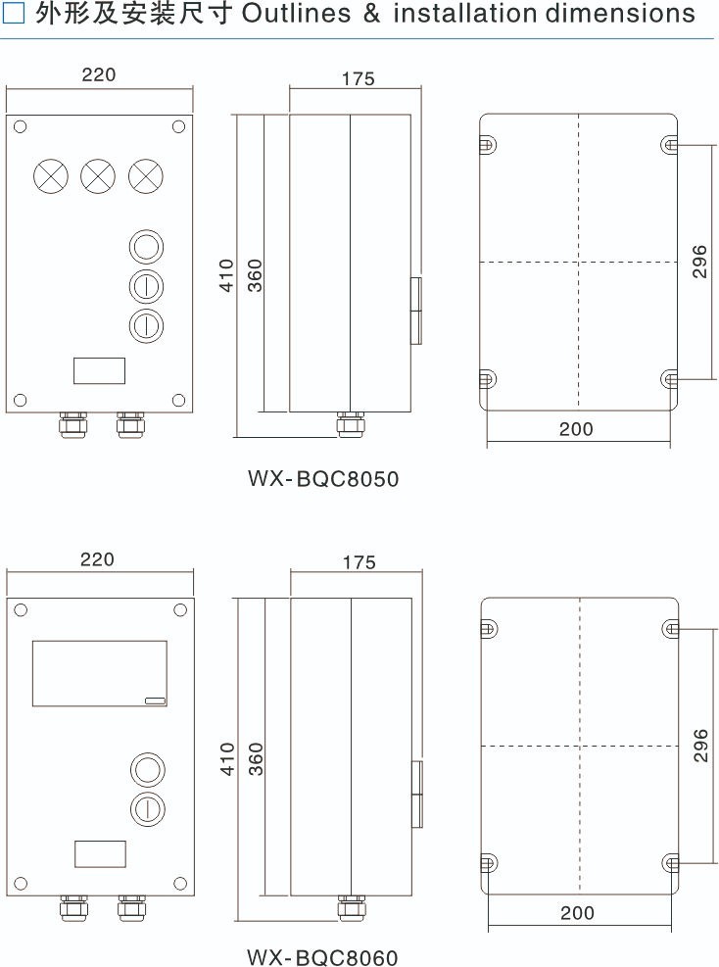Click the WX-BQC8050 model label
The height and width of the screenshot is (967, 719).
click(323, 478)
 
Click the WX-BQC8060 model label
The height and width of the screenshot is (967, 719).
click(322, 957)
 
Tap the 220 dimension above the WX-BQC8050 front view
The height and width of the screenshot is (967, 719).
click(99, 74)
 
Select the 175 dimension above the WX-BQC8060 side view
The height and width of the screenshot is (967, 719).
click(359, 562)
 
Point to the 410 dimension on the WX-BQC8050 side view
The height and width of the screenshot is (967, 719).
click(227, 275)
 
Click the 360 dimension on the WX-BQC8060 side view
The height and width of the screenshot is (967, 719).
click(256, 758)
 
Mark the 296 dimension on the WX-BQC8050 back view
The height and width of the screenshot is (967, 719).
click(699, 262)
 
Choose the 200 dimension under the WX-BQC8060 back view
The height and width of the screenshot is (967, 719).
click(577, 913)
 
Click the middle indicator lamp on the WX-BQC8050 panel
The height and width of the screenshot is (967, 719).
click(98, 175)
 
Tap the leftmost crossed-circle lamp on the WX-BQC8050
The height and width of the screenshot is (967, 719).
click(51, 175)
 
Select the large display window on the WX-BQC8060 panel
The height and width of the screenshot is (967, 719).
click(99, 642)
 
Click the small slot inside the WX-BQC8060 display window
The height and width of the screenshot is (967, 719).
click(156, 701)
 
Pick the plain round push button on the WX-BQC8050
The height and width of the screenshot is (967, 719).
click(146, 247)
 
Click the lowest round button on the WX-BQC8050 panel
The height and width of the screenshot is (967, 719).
click(146, 325)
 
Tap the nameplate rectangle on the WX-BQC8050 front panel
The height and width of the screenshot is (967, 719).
click(99, 359)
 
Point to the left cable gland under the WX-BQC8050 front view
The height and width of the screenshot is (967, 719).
click(72, 425)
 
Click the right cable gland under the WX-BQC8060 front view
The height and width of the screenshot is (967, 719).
click(132, 908)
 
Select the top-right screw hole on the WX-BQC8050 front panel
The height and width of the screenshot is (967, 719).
click(179, 127)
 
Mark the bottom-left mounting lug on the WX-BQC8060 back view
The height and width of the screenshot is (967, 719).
click(488, 863)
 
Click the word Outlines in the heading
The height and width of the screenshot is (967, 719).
click(296, 13)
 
